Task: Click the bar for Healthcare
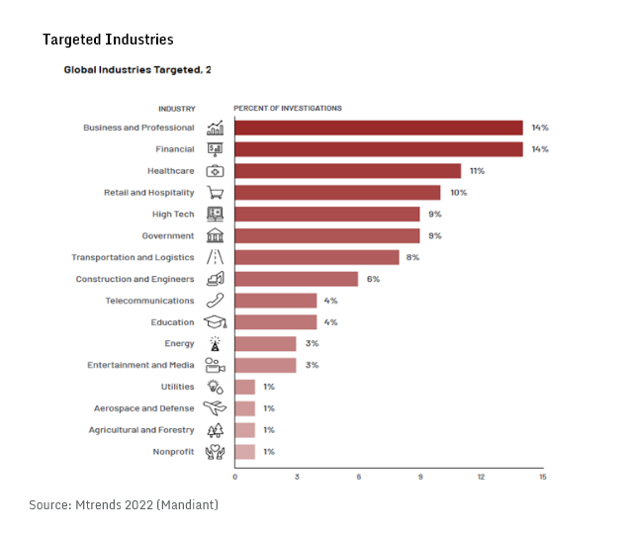point(347,171)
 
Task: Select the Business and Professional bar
point(378,128)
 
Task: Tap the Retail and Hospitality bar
point(337,193)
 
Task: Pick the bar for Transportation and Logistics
point(316,257)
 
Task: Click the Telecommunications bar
point(275,301)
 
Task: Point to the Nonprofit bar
point(244,452)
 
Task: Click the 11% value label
point(477,171)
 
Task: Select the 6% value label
point(373,279)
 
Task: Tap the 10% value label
point(458,193)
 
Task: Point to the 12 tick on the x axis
point(481,477)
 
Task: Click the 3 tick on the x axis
point(297,477)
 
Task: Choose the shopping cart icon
point(215,193)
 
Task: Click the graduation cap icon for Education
point(215,322)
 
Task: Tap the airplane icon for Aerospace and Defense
point(215,408)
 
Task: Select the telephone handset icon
point(215,301)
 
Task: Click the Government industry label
point(168,236)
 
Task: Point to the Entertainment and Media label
point(140,366)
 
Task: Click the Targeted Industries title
point(108,40)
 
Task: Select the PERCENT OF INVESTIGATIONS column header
point(288,108)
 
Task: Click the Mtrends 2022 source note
point(124,505)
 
